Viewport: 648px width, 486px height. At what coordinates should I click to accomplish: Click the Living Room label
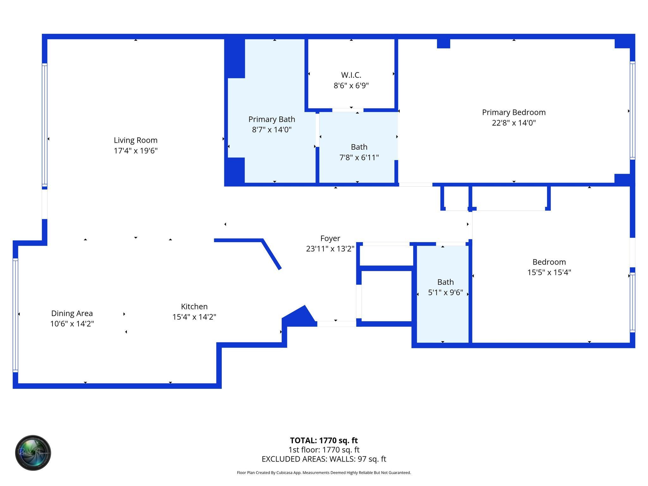[135, 140]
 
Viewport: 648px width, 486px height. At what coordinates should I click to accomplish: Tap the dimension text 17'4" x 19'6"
[135, 151]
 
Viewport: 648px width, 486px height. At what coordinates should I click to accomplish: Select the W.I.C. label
[351, 75]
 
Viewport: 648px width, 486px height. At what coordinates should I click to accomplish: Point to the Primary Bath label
[271, 119]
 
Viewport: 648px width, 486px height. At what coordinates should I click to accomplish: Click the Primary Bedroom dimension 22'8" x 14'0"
[514, 123]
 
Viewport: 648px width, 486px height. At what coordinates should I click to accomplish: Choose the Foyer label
[330, 238]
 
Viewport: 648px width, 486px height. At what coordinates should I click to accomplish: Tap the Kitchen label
[194, 306]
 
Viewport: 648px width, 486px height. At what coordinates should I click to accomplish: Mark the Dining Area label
[72, 313]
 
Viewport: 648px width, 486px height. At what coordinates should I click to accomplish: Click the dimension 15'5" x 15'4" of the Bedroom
[549, 272]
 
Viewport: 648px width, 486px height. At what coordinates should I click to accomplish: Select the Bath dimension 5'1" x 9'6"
[445, 293]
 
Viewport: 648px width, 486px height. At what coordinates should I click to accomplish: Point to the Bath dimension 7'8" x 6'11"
[359, 158]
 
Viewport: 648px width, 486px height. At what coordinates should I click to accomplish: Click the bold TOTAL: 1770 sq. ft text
[324, 440]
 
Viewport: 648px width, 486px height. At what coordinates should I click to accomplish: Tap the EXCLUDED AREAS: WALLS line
[324, 459]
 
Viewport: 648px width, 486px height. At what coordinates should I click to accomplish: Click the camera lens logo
[33, 453]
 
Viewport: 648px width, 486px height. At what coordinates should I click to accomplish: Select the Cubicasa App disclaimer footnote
[324, 473]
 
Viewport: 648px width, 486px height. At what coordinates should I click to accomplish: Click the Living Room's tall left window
[45, 125]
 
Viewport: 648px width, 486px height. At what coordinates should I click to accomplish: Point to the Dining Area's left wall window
[15, 315]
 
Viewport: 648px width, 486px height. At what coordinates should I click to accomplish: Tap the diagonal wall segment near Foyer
[271, 254]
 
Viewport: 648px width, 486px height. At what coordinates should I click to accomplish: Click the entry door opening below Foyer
[336, 324]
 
